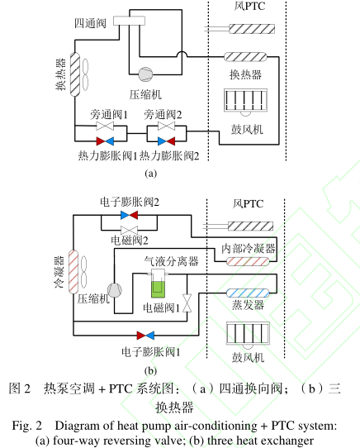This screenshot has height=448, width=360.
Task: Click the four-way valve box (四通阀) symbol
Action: (x=129, y=21)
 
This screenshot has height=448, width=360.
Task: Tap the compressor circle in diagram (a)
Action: (x=145, y=74)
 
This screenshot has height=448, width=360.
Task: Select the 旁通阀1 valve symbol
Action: (x=105, y=126)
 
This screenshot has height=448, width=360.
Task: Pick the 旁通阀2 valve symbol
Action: (x=167, y=126)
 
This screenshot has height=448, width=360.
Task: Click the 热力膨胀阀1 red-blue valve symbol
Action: (x=105, y=141)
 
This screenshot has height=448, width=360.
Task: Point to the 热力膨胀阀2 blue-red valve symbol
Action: (x=167, y=141)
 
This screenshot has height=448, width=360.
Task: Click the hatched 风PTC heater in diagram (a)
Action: (x=252, y=29)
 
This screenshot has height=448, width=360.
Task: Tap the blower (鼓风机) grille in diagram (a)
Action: (x=245, y=100)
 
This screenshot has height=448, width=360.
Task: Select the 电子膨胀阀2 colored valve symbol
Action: (x=130, y=215)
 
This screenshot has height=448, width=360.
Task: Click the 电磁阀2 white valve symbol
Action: (x=130, y=230)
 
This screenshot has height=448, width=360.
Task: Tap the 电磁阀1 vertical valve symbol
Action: (x=187, y=303)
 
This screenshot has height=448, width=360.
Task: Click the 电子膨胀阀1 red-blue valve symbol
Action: (x=145, y=336)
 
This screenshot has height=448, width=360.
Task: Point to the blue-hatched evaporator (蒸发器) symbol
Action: (x=248, y=293)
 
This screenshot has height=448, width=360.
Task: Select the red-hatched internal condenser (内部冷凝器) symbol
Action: (x=248, y=261)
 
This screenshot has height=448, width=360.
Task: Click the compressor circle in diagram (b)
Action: (x=115, y=290)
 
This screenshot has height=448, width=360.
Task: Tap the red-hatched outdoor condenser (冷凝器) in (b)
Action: (x=73, y=272)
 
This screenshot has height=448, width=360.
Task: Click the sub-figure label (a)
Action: (x=151, y=174)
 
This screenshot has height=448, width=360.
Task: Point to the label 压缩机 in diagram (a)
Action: (x=145, y=94)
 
